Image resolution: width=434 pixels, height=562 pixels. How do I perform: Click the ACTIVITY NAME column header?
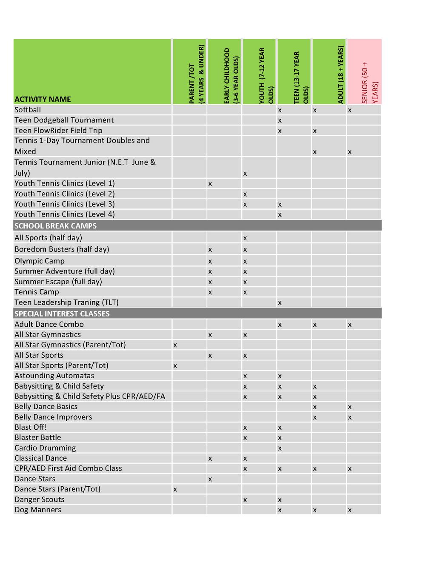point(43,99)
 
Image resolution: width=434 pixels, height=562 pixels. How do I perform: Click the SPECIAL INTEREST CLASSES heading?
point(62,314)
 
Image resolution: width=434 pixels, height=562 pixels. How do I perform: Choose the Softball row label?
point(28,110)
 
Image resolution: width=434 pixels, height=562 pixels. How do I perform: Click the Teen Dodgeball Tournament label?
point(64,120)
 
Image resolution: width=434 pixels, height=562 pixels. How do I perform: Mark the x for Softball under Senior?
point(350,110)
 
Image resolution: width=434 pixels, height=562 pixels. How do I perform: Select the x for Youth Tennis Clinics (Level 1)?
point(210,184)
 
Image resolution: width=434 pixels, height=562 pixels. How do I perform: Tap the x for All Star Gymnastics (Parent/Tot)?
point(175,345)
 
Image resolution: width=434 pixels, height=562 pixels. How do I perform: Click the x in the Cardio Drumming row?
point(280,448)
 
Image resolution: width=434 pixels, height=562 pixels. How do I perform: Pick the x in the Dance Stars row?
point(210,479)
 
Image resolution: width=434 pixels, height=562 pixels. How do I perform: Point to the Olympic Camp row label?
point(40,261)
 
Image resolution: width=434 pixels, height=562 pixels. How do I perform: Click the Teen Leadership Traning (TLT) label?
point(66,302)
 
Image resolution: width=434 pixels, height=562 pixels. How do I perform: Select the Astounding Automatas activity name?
point(54,376)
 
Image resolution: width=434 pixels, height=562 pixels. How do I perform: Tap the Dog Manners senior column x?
point(350,510)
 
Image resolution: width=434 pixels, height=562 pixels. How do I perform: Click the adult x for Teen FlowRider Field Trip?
point(315,131)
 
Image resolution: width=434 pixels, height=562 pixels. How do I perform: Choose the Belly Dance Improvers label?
point(53,417)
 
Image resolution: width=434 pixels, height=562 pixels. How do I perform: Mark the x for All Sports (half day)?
point(245,238)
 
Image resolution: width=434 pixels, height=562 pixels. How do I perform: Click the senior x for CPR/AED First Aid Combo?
point(350,469)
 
